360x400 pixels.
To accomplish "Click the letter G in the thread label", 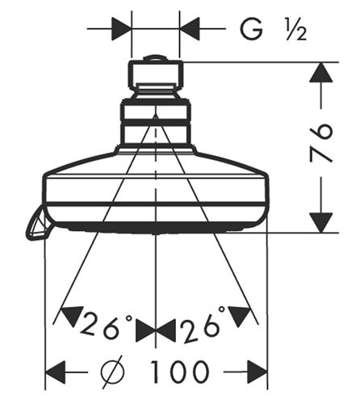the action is pyautogui.click(x=251, y=29).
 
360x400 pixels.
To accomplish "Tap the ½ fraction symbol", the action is pyautogui.click(x=296, y=31).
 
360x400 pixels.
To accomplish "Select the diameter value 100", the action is pyautogui.click(x=179, y=372).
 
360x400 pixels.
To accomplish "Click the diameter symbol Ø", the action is pyautogui.click(x=113, y=372).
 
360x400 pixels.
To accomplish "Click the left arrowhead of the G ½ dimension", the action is pyautogui.click(x=121, y=28).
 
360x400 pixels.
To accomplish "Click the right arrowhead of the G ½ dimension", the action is pyautogui.click(x=190, y=28).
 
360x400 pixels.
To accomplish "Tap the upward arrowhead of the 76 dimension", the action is pyautogui.click(x=320, y=72).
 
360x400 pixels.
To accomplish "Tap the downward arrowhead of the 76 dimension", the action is pyautogui.click(x=320, y=222).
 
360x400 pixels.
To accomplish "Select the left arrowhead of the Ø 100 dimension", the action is pyautogui.click(x=56, y=373).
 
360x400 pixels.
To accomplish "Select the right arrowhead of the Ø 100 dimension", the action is pyautogui.click(x=257, y=373).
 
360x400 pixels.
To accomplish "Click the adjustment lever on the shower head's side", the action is pyautogui.click(x=38, y=223).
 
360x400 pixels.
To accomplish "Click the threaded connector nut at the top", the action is pyautogui.click(x=156, y=75).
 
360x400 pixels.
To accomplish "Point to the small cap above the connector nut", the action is pyautogui.click(x=156, y=58).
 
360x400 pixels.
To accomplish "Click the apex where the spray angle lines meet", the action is pyautogui.click(x=155, y=115).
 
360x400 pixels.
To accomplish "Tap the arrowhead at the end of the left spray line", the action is pyautogui.click(x=70, y=316).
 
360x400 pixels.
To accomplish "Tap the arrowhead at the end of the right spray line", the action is pyautogui.click(x=240, y=316).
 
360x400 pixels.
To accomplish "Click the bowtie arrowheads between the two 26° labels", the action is pyautogui.click(x=156, y=331).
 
